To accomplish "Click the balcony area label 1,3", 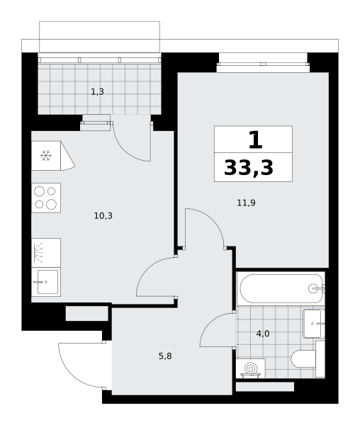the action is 97,92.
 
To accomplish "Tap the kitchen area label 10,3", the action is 103,216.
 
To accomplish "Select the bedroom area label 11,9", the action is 246,203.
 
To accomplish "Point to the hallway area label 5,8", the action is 165,356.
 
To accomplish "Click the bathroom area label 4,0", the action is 263,334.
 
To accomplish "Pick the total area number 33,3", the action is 249,168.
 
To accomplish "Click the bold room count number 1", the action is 255,140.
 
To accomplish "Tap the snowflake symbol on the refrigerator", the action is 46,156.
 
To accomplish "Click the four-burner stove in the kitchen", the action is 46,198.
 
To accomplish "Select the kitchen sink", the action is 46,282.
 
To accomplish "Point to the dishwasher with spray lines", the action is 46,253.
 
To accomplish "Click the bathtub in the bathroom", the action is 281,288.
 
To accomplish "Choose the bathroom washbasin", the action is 314,324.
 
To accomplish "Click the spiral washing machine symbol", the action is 250,368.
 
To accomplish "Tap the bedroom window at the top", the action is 263,64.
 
